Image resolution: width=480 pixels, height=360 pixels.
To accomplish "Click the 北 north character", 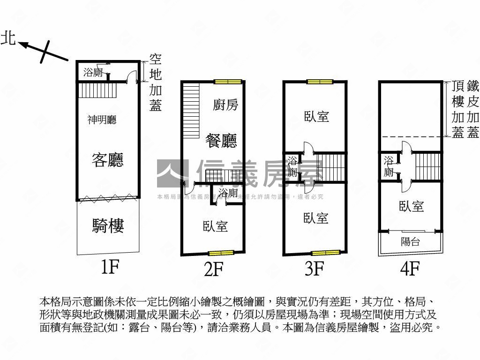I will point(8,38).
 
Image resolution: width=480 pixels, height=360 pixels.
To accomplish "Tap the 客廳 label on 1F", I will point(108,161).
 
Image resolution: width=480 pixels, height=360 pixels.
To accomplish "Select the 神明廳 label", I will point(102,120).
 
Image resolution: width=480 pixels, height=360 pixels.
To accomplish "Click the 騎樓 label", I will point(108,226).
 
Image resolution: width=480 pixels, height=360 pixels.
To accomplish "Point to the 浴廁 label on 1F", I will point(93,72).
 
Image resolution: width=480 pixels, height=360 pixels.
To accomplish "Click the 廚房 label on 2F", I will point(225,105).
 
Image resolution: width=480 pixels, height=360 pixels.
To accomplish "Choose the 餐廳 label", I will point(221,140).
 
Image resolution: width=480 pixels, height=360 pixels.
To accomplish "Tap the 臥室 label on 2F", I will point(215,227).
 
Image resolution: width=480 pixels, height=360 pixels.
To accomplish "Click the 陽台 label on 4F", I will point(411,242).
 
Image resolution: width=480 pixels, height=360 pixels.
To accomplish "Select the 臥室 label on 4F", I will point(412,206).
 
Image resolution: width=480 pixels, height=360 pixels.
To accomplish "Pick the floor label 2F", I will point(212,269).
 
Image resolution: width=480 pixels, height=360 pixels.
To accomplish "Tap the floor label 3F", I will point(314,269).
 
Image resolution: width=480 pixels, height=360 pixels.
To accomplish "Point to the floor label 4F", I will point(410,269).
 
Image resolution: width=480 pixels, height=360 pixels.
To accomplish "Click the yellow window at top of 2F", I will point(228,82).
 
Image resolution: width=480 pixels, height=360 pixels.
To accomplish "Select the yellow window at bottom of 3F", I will point(326,253).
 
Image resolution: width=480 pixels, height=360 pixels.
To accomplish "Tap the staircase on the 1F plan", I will point(97,90).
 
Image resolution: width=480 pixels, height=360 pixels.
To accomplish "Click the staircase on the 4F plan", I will point(428,166).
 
